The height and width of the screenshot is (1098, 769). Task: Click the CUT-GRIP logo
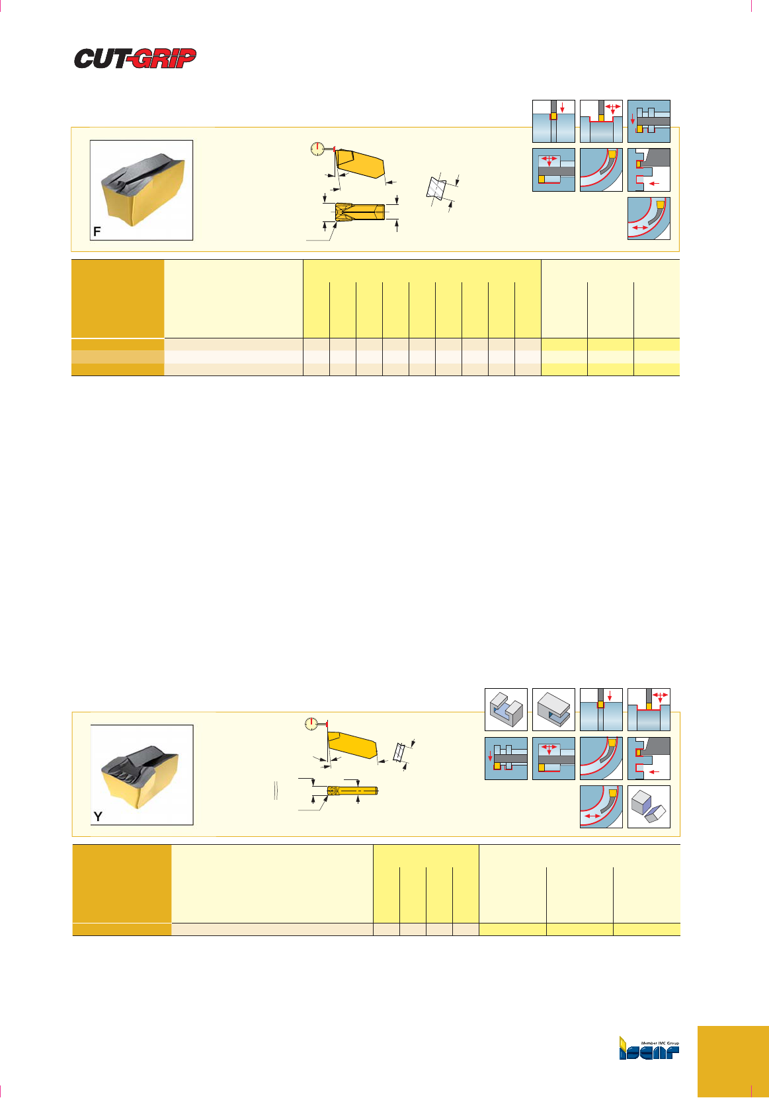tap(135, 58)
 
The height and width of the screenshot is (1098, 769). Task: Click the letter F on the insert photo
tap(97, 231)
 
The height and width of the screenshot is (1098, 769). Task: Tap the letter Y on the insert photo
tap(98, 816)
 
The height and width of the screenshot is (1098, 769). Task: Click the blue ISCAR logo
tap(649, 1050)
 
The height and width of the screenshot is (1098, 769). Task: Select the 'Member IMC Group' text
tap(660, 1043)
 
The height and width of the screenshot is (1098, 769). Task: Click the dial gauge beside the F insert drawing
tap(318, 148)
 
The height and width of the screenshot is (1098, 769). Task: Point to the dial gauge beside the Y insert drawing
tap(311, 723)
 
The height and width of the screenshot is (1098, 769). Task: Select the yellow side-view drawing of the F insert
tap(360, 163)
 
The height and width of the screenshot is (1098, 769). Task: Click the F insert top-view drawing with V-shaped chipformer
tap(360, 212)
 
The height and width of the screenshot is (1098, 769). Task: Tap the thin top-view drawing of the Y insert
tap(352, 790)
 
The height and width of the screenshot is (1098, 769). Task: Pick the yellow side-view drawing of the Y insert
tap(352, 746)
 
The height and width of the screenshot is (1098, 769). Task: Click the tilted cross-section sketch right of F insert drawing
tap(436, 188)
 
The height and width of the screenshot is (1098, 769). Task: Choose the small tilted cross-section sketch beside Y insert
tap(399, 751)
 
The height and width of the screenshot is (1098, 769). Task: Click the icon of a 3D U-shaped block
tap(506, 709)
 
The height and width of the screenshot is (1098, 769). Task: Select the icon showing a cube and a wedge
tap(649, 807)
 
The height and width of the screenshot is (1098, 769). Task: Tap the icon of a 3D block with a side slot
tap(553, 709)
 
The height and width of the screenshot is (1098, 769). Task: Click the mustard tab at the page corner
tap(733, 1062)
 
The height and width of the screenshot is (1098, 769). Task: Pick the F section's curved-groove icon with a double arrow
tap(649, 218)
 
